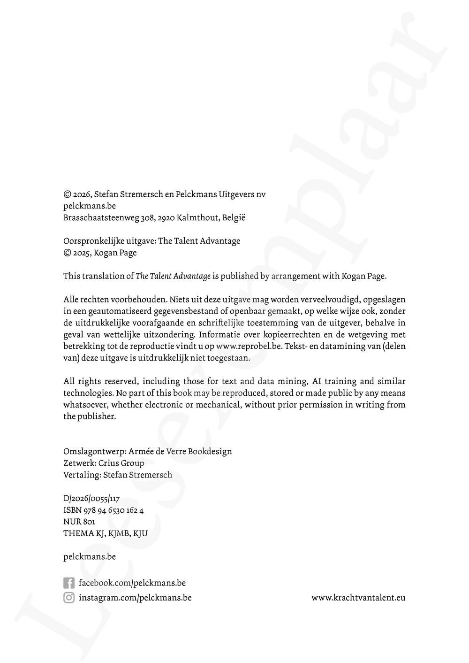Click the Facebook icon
[x=68, y=583]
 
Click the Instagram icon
[x=68, y=598]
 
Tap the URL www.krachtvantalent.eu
[x=358, y=598]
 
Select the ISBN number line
[x=103, y=510]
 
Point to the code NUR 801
[x=79, y=522]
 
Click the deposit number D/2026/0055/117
[x=91, y=499]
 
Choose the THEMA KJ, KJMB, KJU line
[x=106, y=533]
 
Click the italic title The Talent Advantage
[x=173, y=276]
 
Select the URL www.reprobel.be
[x=249, y=347]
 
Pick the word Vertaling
[x=82, y=475]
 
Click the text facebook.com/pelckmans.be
[x=132, y=583]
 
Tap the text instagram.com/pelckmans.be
[x=135, y=598]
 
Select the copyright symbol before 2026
[x=67, y=194]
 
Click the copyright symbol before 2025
[x=67, y=253]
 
